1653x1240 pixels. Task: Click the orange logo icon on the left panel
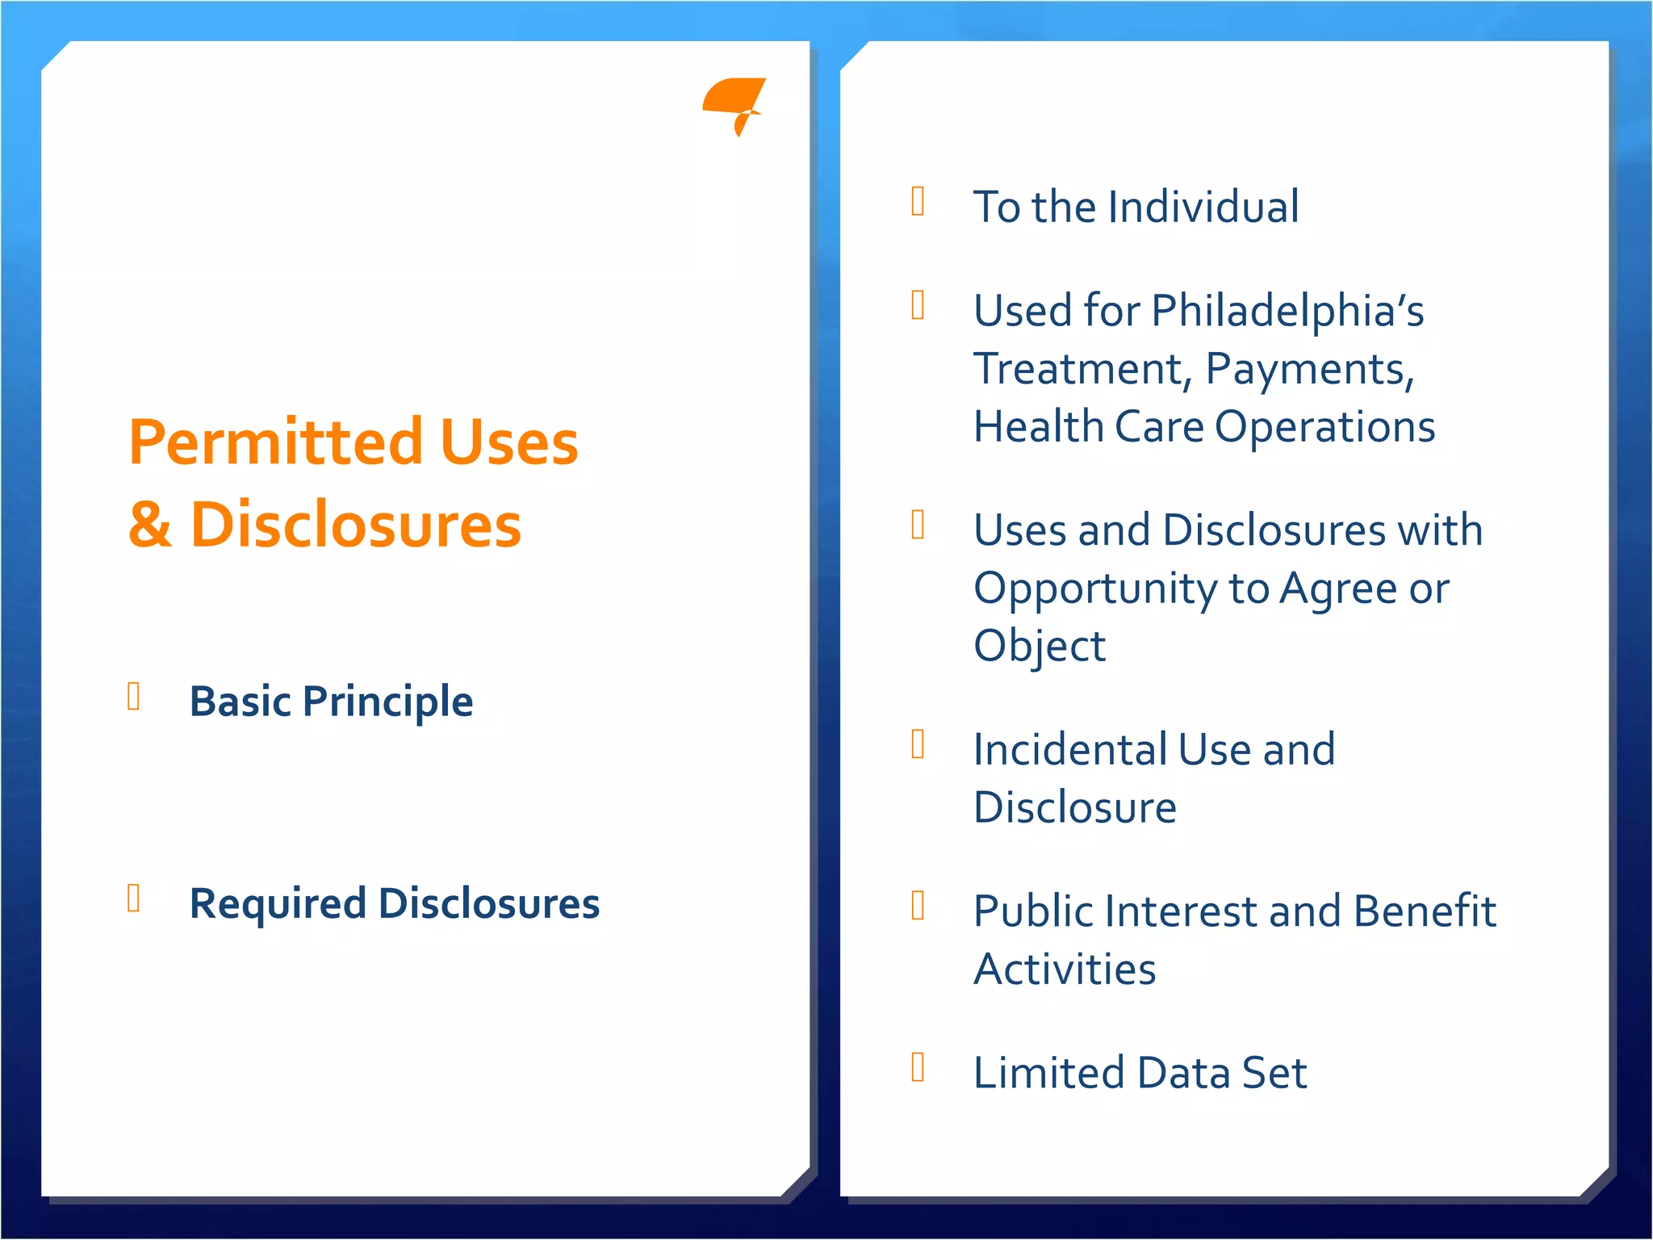[x=733, y=103]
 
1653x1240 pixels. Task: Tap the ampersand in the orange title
[x=150, y=525]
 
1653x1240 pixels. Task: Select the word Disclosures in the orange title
[x=355, y=525]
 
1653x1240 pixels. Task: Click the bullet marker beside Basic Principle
[x=134, y=696]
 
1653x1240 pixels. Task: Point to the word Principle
[x=387, y=701]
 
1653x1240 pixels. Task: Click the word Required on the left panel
[x=278, y=903]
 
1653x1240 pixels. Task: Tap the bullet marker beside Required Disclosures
[x=134, y=898]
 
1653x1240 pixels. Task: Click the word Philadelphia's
[x=1287, y=311]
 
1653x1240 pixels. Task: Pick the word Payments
[x=1309, y=369]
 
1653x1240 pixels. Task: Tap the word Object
[x=1040, y=646]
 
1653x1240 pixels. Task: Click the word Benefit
[x=1425, y=911]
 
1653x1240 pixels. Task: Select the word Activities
[x=1065, y=969]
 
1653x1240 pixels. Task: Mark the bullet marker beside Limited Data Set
[x=918, y=1066]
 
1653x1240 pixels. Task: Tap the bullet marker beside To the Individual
[x=918, y=201]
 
